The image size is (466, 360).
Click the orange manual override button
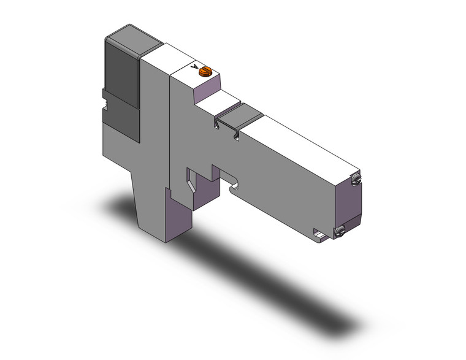tap(204, 72)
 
